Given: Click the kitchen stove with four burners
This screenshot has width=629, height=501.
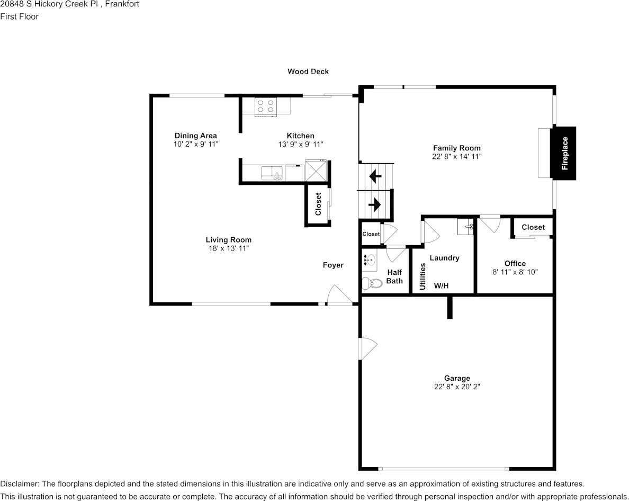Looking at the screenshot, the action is tap(266, 106).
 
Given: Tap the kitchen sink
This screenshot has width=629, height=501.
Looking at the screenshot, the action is tap(273, 173).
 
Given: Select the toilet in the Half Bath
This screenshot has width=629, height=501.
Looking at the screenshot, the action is tap(372, 283).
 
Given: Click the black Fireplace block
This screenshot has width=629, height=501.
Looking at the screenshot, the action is tap(563, 153).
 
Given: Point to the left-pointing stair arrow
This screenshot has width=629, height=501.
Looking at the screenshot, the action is tap(375, 176).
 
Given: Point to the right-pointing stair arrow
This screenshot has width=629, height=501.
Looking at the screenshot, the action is tap(375, 204).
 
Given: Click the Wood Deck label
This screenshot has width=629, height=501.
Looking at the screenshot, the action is tap(308, 71).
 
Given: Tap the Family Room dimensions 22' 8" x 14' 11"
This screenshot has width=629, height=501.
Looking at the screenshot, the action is tap(456, 156).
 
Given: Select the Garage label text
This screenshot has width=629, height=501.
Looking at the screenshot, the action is tap(457, 378).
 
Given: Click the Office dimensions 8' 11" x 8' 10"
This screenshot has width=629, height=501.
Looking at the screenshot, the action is tap(515, 272).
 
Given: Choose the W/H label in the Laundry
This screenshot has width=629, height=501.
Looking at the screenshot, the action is tap(441, 285).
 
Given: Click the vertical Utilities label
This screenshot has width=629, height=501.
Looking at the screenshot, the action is tap(423, 276).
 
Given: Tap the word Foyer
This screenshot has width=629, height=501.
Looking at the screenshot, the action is tap(333, 265).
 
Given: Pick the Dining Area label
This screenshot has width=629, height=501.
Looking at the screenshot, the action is tap(196, 136).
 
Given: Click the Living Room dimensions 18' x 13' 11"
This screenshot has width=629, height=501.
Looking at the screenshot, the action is tap(229, 248).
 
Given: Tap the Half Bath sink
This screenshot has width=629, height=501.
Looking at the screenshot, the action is tap(370, 260).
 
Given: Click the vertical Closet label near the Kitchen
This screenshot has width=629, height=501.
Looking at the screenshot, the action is tap(318, 204).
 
